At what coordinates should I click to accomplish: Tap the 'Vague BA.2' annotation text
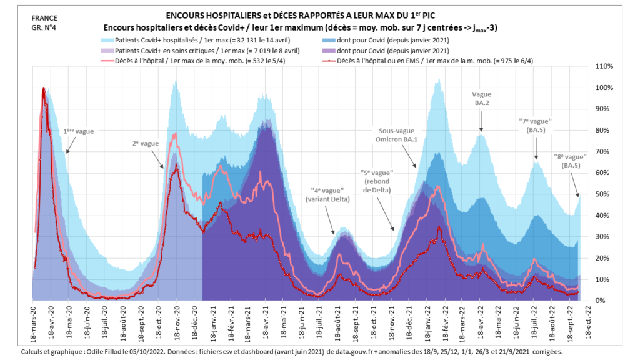[481, 98]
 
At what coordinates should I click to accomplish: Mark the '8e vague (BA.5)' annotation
[571, 161]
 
